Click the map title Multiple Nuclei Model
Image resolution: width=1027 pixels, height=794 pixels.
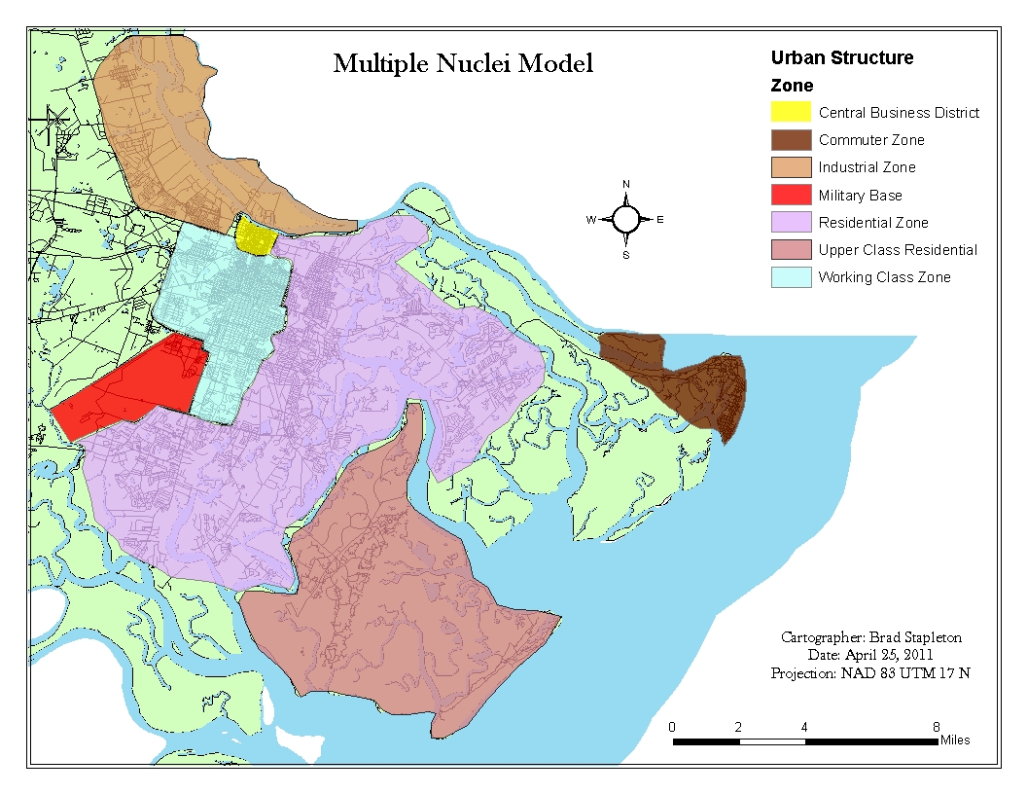pos(463,64)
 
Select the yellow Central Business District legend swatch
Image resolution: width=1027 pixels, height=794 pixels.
pos(791,112)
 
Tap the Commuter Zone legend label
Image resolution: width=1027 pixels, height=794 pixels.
pos(871,140)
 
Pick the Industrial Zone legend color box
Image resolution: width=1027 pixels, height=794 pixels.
pos(791,167)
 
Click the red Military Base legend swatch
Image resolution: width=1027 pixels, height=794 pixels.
pos(791,195)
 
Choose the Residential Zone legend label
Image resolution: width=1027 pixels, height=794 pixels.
pos(872,223)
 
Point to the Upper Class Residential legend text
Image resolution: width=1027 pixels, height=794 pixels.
pos(897,250)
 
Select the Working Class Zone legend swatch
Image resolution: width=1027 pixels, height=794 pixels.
pos(791,277)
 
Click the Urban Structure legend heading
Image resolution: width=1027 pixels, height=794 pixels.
pos(841,58)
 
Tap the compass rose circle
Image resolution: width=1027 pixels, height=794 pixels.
pos(626,220)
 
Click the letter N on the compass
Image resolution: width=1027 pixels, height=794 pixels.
pos(626,185)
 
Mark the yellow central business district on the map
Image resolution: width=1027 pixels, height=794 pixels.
pos(255,236)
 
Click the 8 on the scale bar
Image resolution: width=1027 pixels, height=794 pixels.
pos(936,727)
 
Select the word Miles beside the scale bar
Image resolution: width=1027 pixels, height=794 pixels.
pos(954,740)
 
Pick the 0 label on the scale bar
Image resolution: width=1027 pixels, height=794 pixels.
pos(672,727)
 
